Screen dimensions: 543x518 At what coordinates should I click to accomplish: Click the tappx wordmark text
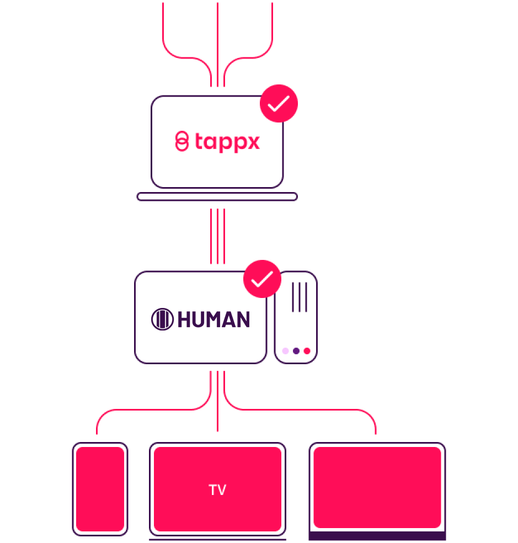pos(227,142)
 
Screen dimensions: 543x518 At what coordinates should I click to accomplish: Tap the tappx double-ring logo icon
pos(181,142)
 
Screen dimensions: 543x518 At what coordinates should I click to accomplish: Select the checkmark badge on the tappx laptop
pos(279,103)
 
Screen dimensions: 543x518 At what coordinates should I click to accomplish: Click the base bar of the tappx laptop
pos(217,197)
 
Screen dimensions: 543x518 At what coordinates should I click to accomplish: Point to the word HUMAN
pos(213,320)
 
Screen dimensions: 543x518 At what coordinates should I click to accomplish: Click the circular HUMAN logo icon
pos(162,320)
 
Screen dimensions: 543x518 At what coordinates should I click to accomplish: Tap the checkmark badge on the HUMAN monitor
pos(262,279)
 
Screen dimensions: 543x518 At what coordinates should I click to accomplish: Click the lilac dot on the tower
pos(285,351)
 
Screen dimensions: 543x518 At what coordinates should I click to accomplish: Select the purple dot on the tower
pos(296,351)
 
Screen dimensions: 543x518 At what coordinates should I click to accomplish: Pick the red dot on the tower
pos(307,351)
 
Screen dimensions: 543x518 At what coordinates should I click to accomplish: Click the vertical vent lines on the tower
pos(299,297)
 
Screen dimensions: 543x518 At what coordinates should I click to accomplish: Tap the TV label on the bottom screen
pos(217,490)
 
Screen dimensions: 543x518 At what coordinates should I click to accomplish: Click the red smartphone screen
pos(100,489)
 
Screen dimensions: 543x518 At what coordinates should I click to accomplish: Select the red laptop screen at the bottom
pos(377,487)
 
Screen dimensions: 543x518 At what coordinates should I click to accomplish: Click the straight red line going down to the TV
pos(217,403)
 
